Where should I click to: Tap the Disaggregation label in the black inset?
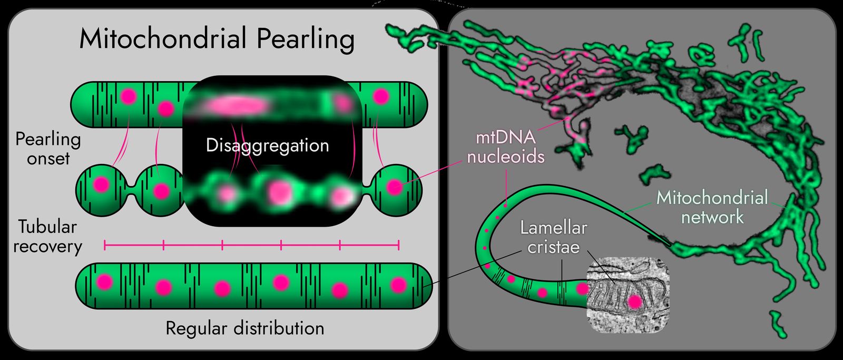pyautogui.click(x=267, y=145)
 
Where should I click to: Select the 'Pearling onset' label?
pyautogui.click(x=48, y=149)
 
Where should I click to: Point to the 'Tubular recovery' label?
pyautogui.click(x=47, y=236)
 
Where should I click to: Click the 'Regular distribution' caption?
pyautogui.click(x=245, y=328)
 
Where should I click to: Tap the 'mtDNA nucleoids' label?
pyautogui.click(x=505, y=147)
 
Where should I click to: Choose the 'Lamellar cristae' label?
pyautogui.click(x=553, y=237)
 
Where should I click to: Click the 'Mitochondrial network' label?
pyautogui.click(x=712, y=207)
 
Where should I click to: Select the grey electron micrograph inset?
pyautogui.click(x=629, y=295)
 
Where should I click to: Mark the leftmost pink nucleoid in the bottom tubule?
pyautogui.click(x=104, y=282)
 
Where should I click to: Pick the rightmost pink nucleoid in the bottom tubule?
pyautogui.click(x=398, y=285)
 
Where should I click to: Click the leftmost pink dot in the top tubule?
pyautogui.click(x=129, y=96)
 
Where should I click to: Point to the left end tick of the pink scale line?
pyautogui.click(x=105, y=245)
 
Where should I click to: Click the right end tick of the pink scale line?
pyautogui.click(x=399, y=245)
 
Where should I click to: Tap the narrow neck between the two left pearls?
pyautogui.click(x=132, y=190)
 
